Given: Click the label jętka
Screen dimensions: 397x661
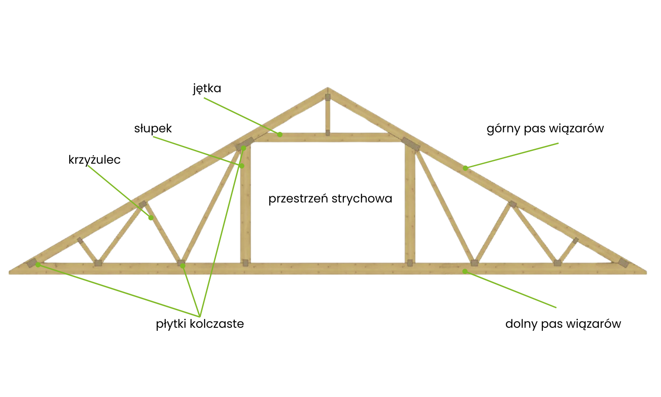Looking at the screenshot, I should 207,89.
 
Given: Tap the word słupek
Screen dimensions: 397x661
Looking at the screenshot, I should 153,128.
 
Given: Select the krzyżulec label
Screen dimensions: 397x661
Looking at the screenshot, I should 94,160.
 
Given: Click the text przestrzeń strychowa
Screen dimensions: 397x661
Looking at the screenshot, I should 330,198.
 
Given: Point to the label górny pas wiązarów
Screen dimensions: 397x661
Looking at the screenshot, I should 545,128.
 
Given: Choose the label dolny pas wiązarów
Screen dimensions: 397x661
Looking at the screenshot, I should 563,324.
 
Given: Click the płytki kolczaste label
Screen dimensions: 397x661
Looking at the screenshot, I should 200,324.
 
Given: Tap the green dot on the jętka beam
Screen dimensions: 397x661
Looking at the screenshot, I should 280,134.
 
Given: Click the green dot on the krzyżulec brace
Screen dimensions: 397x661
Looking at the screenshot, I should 151,217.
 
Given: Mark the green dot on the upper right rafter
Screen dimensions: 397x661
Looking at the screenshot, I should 465,168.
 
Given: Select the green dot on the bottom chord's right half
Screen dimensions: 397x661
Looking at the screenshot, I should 465,271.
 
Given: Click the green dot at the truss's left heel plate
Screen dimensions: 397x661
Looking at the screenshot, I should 38,265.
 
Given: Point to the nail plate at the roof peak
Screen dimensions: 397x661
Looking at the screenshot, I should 327,97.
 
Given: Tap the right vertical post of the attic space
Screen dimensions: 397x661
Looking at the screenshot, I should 410,203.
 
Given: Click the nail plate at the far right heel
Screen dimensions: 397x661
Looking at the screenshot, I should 623,263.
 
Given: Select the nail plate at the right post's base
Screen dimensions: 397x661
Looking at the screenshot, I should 410,263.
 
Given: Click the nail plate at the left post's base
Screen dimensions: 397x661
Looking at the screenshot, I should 245,263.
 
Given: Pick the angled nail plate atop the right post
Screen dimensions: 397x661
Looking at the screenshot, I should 411,144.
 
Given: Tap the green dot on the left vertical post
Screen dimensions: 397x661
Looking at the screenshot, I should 242,166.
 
